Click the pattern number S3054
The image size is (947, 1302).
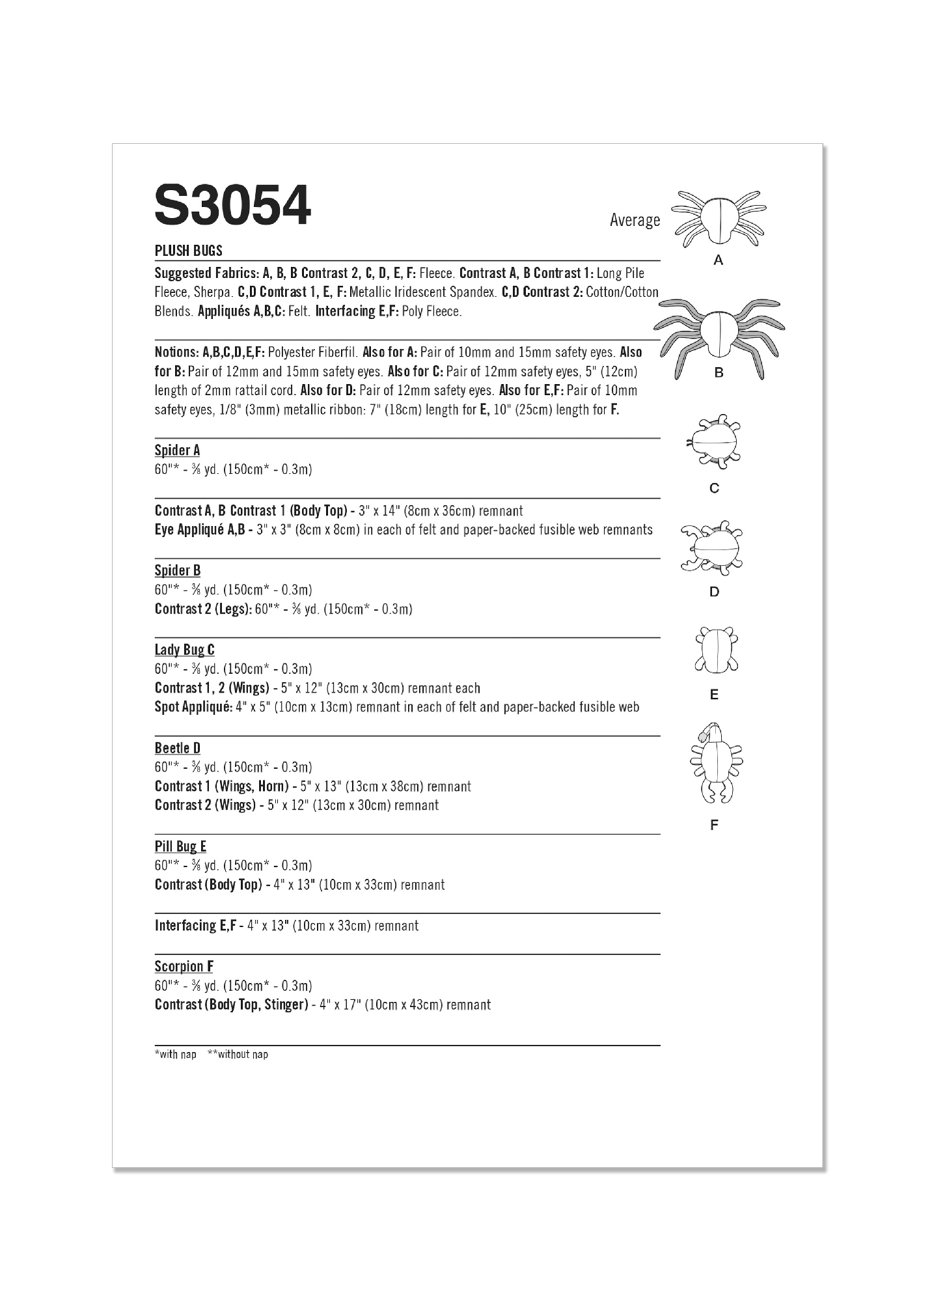232,205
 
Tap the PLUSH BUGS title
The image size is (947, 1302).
188,251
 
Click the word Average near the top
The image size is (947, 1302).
635,220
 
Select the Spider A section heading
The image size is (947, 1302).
177,450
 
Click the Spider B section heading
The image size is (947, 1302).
177,570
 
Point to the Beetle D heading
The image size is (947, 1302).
177,748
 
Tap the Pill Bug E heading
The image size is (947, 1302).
180,846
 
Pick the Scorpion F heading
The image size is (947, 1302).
184,966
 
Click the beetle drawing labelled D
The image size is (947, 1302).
713,547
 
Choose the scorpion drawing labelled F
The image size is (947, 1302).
715,762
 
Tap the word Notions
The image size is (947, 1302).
176,352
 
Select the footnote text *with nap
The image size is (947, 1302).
175,1054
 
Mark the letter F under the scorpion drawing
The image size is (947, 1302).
714,825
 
